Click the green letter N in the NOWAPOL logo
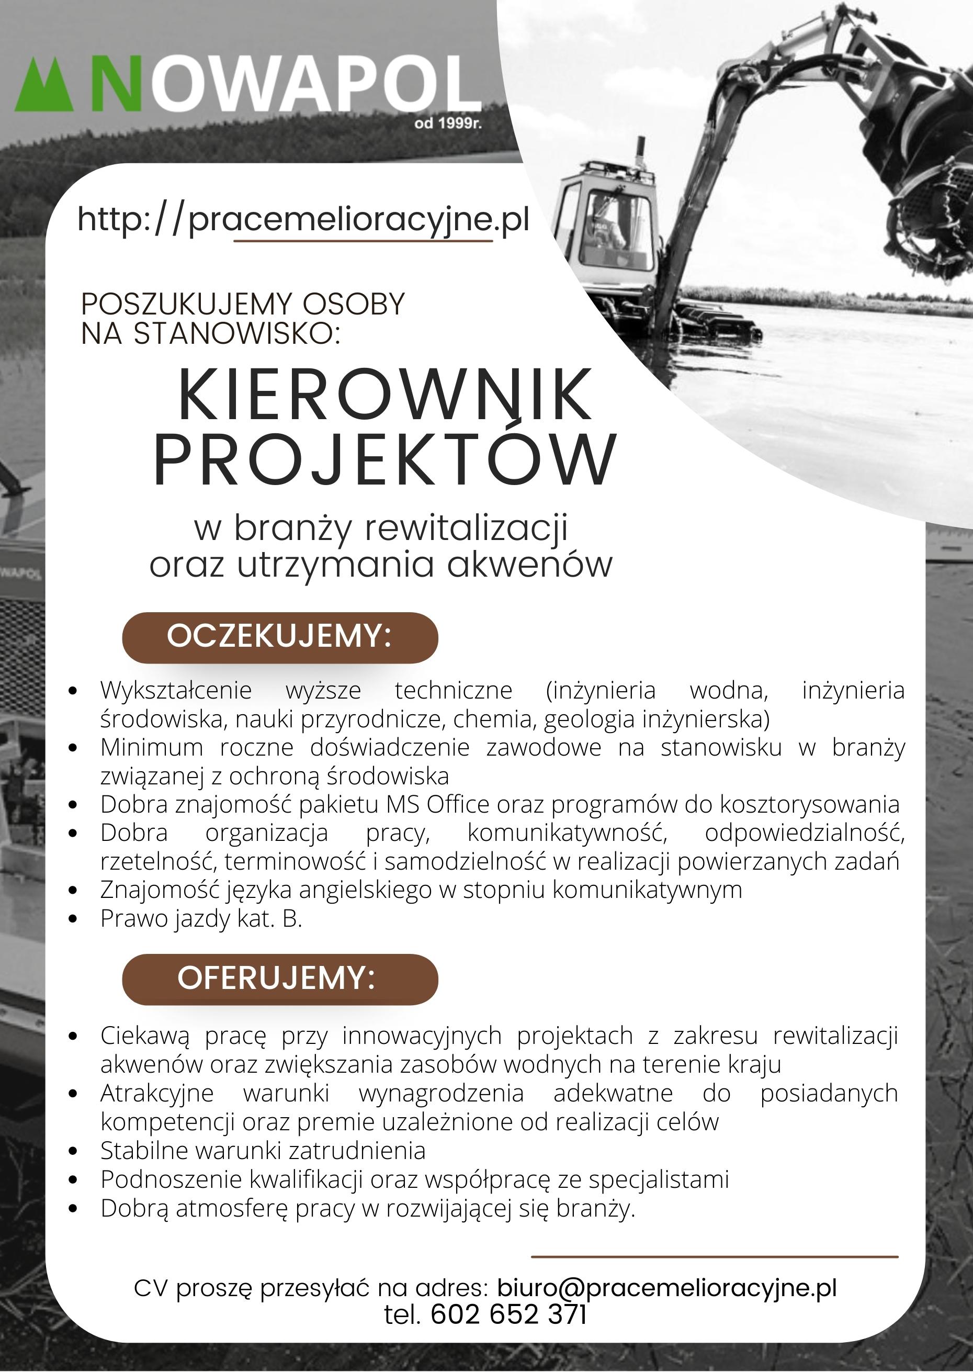[116, 84]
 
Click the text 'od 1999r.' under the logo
[448, 124]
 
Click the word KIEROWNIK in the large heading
[385, 396]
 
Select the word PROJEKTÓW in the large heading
[385, 459]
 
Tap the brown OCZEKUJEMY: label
[280, 637]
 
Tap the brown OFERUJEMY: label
[280, 979]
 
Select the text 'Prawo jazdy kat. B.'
[201, 918]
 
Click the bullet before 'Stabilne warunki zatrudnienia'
[73, 1151]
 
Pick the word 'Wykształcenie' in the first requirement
[176, 691]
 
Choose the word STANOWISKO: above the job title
[236, 334]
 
